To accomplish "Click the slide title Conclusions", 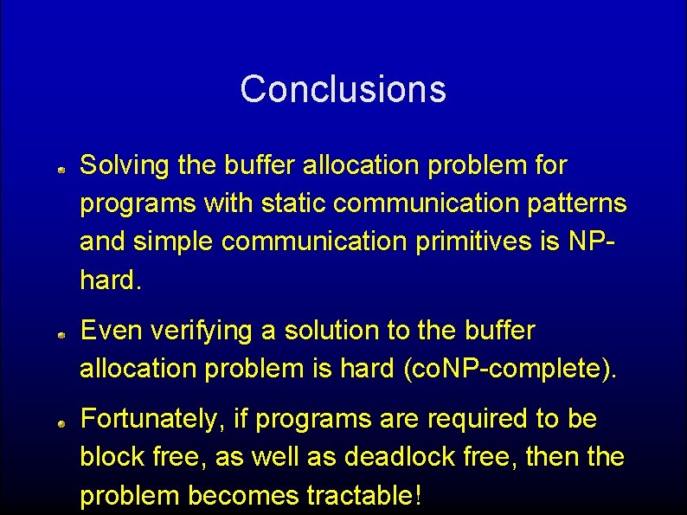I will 343,89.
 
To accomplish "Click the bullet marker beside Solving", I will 64,173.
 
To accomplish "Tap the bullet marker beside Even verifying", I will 64,333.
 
